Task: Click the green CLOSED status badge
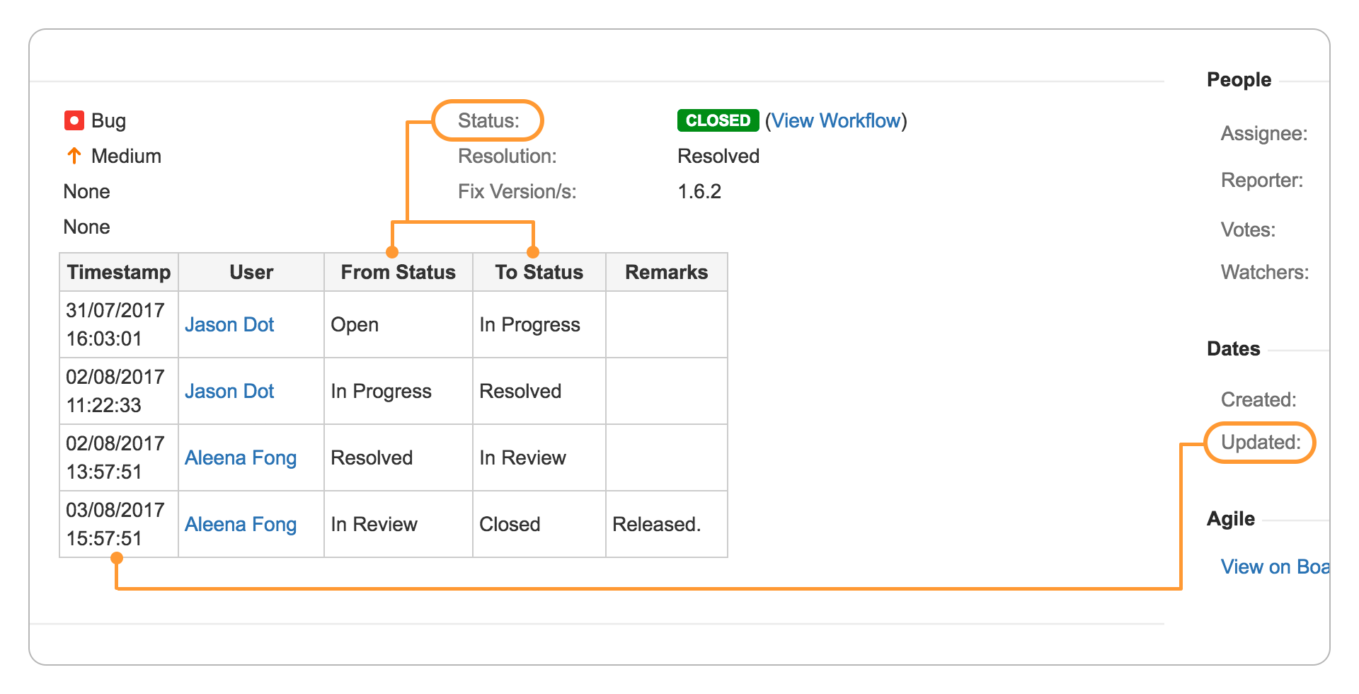pos(718,120)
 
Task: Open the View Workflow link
pos(835,120)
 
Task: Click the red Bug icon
pos(74,120)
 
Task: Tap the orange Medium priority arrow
pos(74,156)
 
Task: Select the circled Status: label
pos(488,120)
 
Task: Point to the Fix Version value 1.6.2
pos(699,191)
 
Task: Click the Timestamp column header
pos(119,272)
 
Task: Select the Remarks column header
pos(666,272)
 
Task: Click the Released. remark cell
pos(656,524)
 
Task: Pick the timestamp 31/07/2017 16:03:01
pos(115,324)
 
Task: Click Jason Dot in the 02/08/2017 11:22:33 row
pos(229,391)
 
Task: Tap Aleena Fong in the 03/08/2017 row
pos(241,524)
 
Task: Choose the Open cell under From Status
pos(355,324)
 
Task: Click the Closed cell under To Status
pos(510,524)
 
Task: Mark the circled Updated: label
pos(1261,443)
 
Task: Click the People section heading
pos(1239,79)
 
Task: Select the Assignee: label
pos(1264,133)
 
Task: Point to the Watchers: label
pos(1265,272)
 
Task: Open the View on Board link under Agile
pos(1275,567)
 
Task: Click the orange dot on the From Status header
pos(392,252)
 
